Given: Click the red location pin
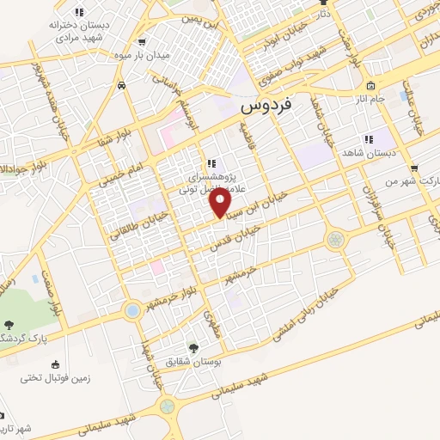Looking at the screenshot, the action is coord(221,203).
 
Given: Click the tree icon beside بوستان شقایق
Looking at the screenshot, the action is coord(192,348).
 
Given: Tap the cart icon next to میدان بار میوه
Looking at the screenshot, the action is coord(140,41).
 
